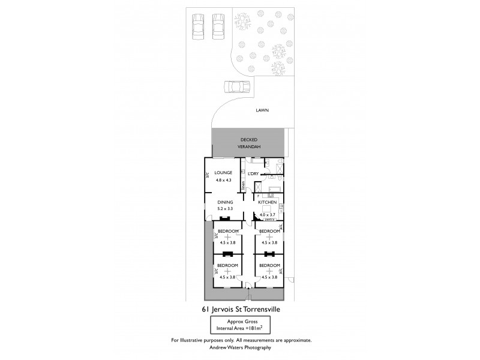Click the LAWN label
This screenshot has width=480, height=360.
pyautogui.click(x=261, y=110)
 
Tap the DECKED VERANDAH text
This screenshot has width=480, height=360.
pyautogui.click(x=248, y=143)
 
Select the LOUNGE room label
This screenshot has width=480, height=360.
pyautogui.click(x=223, y=172)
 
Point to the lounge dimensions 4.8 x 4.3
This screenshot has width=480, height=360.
pyautogui.click(x=223, y=179)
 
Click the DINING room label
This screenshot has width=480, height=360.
pyautogui.click(x=226, y=202)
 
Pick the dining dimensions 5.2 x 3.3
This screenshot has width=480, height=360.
pyautogui.click(x=226, y=209)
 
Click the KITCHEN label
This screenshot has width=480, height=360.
pyautogui.click(x=267, y=203)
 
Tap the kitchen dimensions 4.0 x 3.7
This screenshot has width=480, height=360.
pyautogui.click(x=267, y=215)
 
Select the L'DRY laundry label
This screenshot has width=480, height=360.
pyautogui.click(x=253, y=174)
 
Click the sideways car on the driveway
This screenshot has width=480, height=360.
pyautogui.click(x=236, y=87)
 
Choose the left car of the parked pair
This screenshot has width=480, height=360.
pyautogui.click(x=198, y=26)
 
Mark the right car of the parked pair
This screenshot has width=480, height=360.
pyautogui.click(x=218, y=26)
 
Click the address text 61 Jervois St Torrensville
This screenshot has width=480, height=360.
pyautogui.click(x=241, y=310)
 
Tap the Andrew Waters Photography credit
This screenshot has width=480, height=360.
pyautogui.click(x=241, y=347)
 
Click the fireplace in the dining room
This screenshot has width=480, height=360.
pyautogui.click(x=226, y=219)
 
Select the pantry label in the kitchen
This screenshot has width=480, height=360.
pyautogui.click(x=269, y=220)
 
